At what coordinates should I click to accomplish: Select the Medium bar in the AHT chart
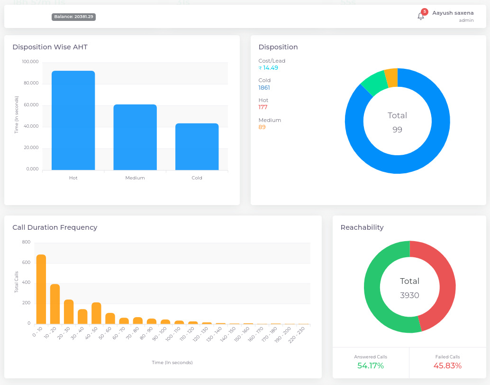point(135,137)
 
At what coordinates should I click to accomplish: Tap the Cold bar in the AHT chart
point(197,147)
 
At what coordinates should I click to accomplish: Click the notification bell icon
point(420,17)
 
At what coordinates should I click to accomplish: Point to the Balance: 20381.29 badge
point(74,17)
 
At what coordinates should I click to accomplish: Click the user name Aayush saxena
point(453,13)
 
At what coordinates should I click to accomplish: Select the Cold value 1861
point(264,88)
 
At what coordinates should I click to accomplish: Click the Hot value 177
point(263,107)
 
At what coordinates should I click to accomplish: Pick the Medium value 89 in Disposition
point(262,127)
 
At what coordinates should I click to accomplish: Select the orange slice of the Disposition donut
point(391,77)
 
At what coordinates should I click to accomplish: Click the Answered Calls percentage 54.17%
point(371,366)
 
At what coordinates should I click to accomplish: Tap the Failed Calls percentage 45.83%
point(447,366)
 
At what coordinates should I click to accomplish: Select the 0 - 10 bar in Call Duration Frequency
point(41,290)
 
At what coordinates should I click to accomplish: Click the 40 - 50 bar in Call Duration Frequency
point(96,313)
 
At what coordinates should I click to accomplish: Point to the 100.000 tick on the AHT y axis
point(30,62)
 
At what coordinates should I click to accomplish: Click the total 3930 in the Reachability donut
point(409,295)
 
